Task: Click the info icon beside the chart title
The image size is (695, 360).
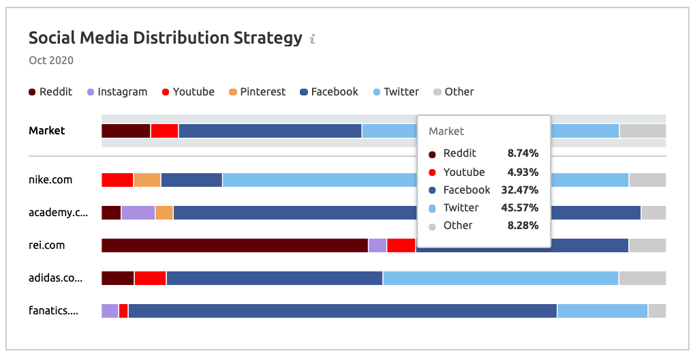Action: [x=312, y=39]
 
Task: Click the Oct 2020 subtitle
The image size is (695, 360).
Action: [x=51, y=61]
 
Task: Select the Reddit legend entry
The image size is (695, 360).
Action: [x=50, y=92]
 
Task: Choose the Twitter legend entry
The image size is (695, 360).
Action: [x=396, y=92]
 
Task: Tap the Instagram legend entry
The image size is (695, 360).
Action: [x=117, y=92]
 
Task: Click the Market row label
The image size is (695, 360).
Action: [x=47, y=131]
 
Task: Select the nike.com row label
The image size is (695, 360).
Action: [x=50, y=180]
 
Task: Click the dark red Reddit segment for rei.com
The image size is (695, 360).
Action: [x=234, y=245]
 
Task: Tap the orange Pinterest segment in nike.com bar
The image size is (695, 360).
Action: [x=147, y=180]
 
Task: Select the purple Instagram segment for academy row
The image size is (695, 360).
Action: [x=138, y=213]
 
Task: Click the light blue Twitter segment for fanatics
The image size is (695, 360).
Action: [x=602, y=311]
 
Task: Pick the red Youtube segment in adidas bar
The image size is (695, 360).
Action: [x=151, y=278]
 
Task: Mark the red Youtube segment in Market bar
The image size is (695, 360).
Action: [x=164, y=131]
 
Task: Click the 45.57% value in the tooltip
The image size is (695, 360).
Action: [x=523, y=208]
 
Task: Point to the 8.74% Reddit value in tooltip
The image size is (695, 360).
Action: [x=523, y=153]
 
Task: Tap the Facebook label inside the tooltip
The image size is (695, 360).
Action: [x=466, y=190]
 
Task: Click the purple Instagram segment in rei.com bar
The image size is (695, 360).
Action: [x=377, y=245]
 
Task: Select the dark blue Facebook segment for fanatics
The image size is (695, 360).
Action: [x=343, y=311]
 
